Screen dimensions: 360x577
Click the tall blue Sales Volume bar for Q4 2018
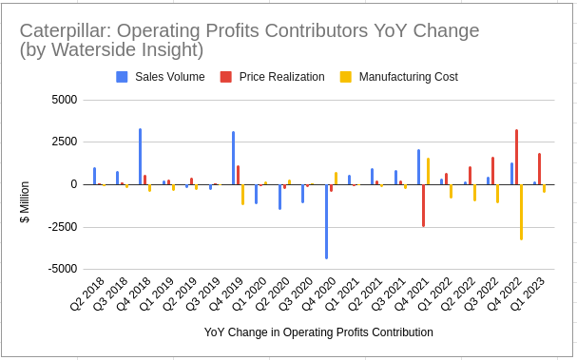click(141, 157)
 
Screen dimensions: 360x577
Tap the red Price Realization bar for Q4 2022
click(516, 157)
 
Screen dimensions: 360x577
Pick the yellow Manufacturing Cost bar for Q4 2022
click(521, 212)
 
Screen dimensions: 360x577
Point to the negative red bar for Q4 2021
click(423, 205)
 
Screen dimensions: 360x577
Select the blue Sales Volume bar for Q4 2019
click(234, 158)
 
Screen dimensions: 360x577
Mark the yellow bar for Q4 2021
click(428, 171)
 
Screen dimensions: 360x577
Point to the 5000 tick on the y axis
click(64, 100)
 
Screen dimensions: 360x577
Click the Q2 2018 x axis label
click(87, 295)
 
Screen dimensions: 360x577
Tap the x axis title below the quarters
click(318, 332)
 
